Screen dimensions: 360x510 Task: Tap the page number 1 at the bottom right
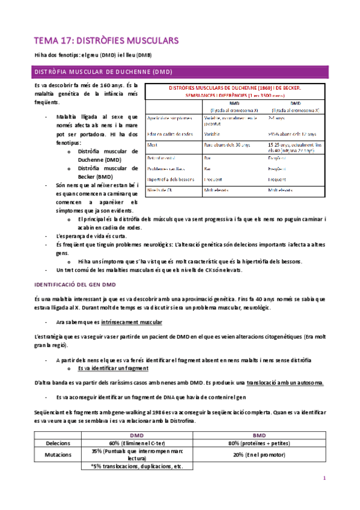point(324,478)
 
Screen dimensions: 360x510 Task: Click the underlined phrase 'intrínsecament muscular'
point(132,323)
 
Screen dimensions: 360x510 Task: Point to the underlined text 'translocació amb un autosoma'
point(285,382)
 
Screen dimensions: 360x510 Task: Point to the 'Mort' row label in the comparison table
point(153,144)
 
